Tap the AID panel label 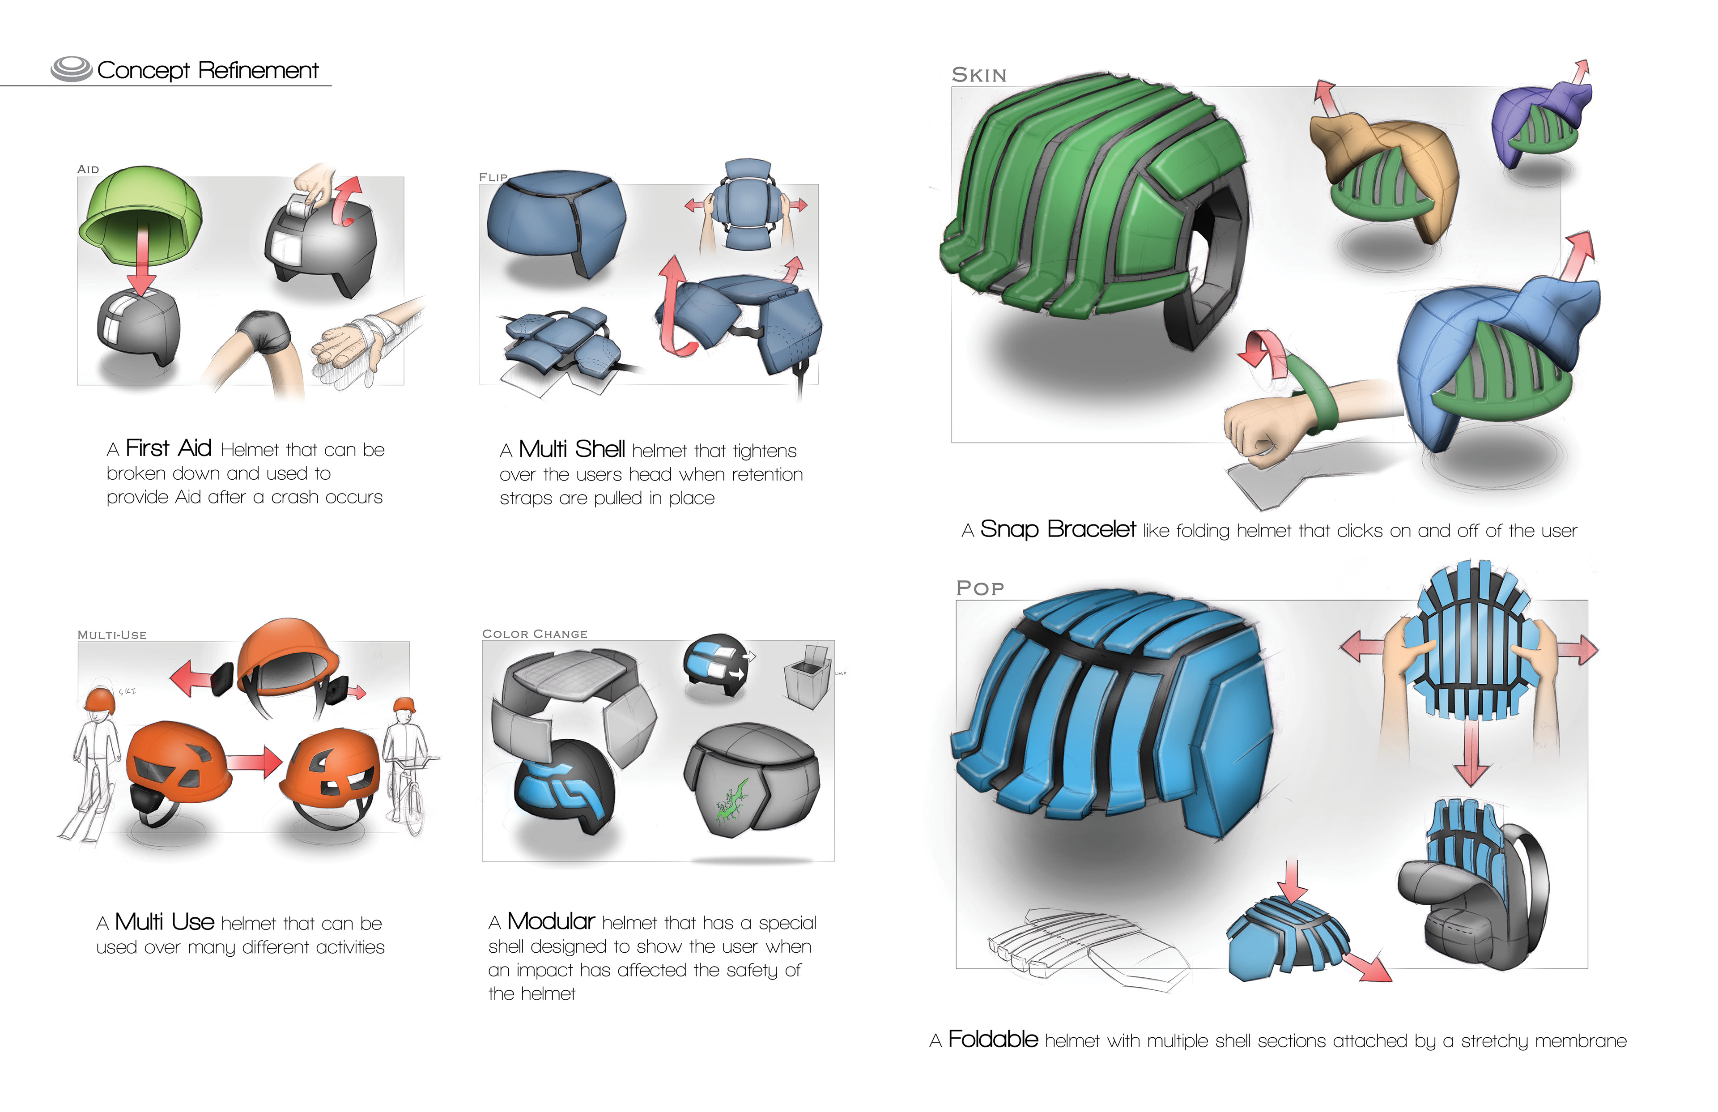(x=88, y=169)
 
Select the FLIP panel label (x=493, y=177)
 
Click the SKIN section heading (x=979, y=75)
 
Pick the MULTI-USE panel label (x=112, y=635)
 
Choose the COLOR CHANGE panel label (x=534, y=634)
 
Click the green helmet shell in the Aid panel (x=141, y=209)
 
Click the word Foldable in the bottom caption (x=992, y=1040)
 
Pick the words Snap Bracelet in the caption (x=1058, y=529)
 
